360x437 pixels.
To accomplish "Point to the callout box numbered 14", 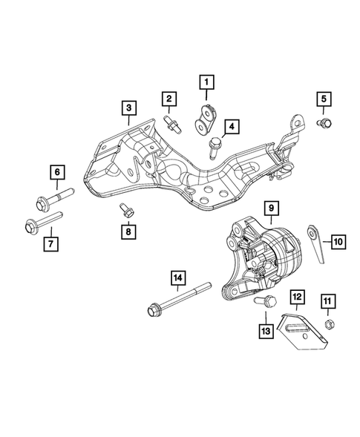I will (x=177, y=278).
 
